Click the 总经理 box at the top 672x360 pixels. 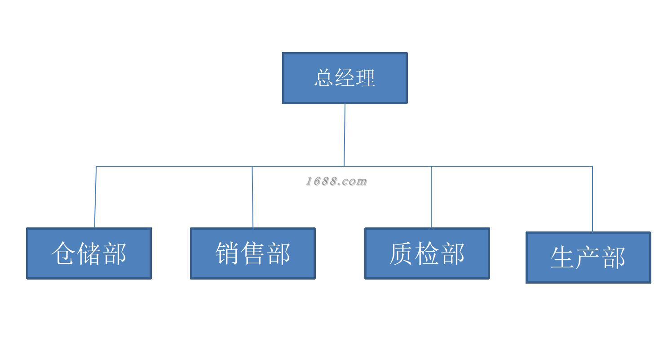click(345, 78)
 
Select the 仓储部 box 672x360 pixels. click(89, 253)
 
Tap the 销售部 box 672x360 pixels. click(252, 253)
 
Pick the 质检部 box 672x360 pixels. click(427, 253)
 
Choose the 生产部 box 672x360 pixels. click(588, 258)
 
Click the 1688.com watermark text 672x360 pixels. click(336, 182)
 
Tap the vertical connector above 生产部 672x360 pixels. click(592, 199)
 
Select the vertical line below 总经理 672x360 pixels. click(345, 135)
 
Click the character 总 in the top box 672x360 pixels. click(324, 78)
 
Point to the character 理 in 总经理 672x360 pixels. click(365, 78)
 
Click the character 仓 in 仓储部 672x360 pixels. click(63, 253)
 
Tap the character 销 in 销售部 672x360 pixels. click(227, 253)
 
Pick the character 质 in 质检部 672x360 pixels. click(401, 253)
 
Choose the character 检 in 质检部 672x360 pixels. click(427, 253)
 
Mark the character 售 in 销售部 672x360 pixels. click(252, 253)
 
